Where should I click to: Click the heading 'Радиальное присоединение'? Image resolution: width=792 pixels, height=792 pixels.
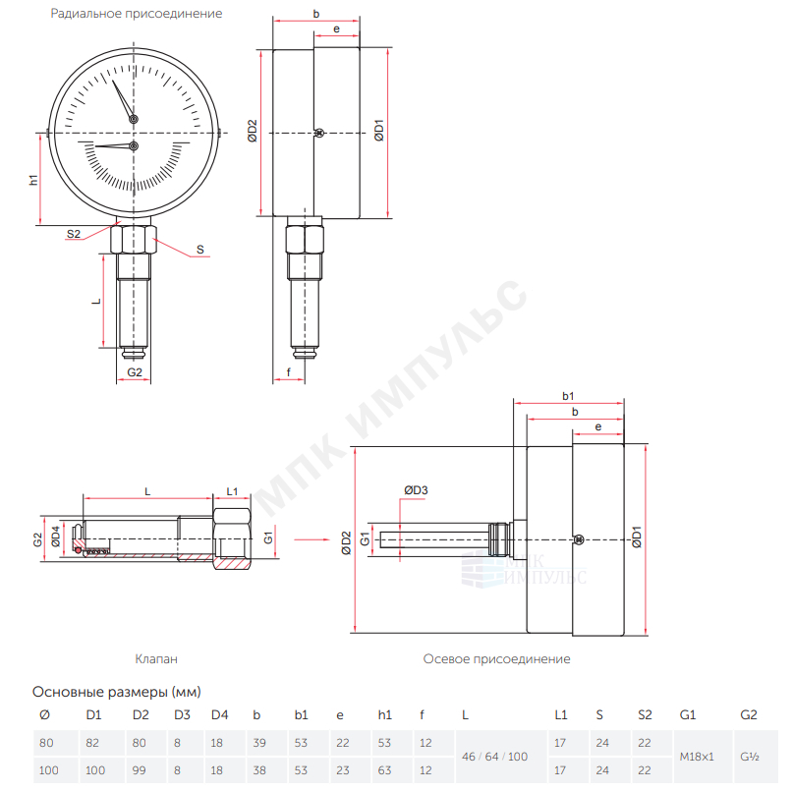[x=137, y=14]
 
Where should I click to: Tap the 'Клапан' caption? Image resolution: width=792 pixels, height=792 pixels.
[x=156, y=658]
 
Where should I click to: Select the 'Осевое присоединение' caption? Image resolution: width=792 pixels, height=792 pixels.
[x=496, y=658]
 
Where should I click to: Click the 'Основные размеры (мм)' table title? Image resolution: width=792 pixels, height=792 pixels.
[x=117, y=692]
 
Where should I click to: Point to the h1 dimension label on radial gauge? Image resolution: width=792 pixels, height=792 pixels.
[x=33, y=180]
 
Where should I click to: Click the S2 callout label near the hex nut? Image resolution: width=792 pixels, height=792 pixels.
[x=74, y=234]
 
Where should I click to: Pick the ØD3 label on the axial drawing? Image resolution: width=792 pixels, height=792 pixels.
[x=416, y=490]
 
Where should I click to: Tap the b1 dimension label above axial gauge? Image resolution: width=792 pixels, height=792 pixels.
[x=568, y=396]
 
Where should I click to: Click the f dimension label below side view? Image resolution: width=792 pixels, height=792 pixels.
[x=289, y=372]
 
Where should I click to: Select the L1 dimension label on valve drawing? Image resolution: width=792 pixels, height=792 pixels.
[x=232, y=491]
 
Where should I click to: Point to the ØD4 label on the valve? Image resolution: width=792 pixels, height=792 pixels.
[x=56, y=537]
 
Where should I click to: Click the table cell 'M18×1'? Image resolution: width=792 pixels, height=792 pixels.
[x=697, y=757]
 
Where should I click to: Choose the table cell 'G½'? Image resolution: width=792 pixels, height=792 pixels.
[x=750, y=757]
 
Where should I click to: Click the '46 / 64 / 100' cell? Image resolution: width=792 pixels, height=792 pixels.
[x=494, y=757]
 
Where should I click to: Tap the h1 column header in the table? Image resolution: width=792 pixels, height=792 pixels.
[x=384, y=714]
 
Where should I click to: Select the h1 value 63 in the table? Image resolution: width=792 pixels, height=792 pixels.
[x=384, y=770]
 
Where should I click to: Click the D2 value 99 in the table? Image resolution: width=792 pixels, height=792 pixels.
[x=139, y=770]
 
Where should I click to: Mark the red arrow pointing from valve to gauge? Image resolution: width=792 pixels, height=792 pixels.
[x=311, y=539]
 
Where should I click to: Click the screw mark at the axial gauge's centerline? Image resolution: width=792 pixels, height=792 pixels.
[x=579, y=539]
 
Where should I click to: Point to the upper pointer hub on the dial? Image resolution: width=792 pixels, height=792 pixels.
[x=134, y=119]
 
